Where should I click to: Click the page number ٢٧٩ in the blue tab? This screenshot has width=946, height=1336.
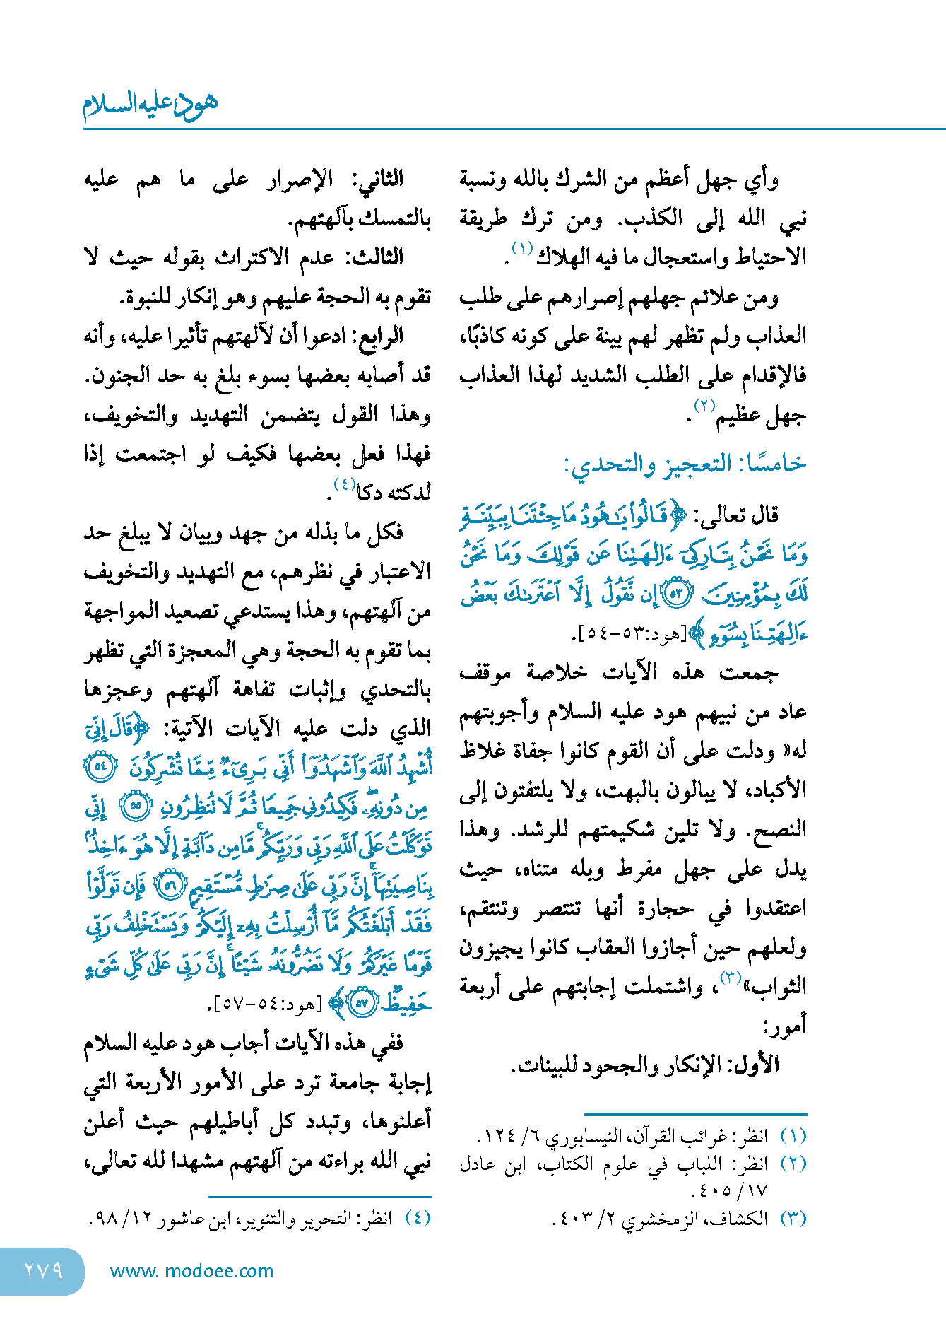(x=43, y=1271)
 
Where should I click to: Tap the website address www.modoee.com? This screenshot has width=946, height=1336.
(x=191, y=1271)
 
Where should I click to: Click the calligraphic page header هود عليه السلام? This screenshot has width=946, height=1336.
(x=150, y=105)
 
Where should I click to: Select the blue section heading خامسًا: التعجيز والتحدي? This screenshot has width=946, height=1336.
(x=684, y=464)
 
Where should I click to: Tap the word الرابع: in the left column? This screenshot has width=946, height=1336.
(x=376, y=336)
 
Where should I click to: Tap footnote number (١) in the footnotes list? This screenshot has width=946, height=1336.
(x=793, y=1136)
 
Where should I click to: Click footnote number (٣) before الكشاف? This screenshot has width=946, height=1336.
(x=793, y=1219)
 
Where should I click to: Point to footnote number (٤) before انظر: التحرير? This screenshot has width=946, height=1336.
(x=417, y=1218)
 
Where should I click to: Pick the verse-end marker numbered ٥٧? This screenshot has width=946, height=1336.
(x=363, y=1003)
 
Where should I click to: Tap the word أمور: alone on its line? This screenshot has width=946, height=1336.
(x=784, y=1025)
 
